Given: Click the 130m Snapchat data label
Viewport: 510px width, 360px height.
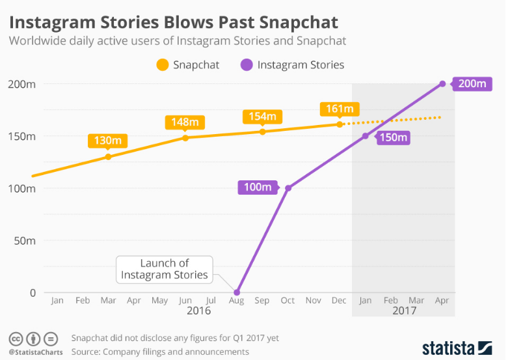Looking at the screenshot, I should (108, 141).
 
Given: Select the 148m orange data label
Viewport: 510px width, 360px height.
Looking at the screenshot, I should (185, 122).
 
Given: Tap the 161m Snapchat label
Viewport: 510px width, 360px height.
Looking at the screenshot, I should (340, 109).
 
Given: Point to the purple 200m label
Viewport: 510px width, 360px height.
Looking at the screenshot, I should (472, 83).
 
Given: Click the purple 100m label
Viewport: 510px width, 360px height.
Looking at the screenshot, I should (258, 188).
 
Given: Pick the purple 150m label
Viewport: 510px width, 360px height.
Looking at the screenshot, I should (393, 137).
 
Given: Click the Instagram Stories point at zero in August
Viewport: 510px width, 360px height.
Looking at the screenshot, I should (237, 292).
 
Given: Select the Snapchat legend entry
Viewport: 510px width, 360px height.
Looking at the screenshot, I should (188, 64).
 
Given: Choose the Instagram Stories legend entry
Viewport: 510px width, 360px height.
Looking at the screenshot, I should (293, 64).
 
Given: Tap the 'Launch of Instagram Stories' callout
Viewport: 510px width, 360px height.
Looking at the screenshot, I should (165, 269).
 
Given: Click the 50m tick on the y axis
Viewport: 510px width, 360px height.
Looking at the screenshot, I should (24, 240).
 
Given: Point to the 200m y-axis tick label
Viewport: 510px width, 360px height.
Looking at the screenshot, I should (22, 84).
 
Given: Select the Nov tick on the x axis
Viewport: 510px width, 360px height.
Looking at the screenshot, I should (314, 301).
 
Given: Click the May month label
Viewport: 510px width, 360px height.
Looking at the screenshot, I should (159, 301).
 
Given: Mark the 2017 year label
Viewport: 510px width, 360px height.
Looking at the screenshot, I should (403, 312).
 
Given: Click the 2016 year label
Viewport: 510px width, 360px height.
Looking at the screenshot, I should (198, 312).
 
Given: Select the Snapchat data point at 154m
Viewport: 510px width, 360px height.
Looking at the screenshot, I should (263, 132).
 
